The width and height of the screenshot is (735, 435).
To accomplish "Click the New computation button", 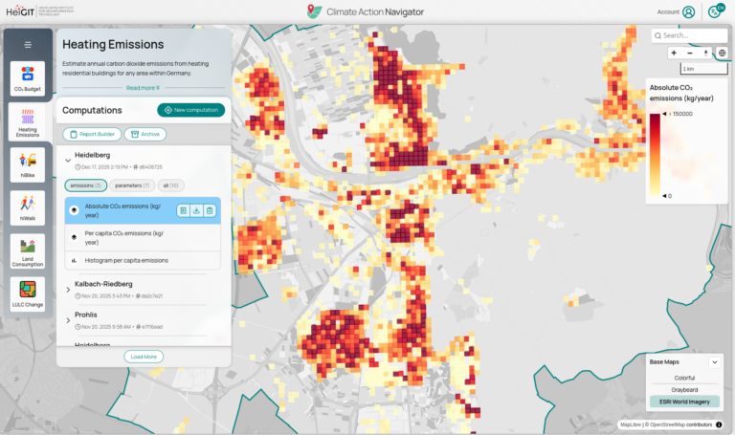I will [x=190, y=110].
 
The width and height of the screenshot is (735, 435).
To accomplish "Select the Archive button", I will [x=145, y=134].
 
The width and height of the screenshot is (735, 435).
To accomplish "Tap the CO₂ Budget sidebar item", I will [x=27, y=79].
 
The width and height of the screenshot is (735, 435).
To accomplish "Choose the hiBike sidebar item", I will [x=27, y=165].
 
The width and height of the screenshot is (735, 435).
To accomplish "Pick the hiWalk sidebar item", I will [x=27, y=208].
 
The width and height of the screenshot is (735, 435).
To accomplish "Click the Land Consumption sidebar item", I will [x=27, y=251].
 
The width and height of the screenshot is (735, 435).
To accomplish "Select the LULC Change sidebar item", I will [x=27, y=294].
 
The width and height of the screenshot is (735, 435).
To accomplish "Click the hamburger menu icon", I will [x=28, y=45].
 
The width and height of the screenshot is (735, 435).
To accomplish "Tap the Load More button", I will [x=144, y=357].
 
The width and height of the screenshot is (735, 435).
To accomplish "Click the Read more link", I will [x=144, y=87].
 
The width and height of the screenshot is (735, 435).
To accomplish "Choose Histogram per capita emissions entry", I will [x=125, y=260].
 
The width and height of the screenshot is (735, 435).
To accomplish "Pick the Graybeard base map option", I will [x=683, y=389].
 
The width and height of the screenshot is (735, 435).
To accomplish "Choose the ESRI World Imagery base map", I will [x=683, y=402].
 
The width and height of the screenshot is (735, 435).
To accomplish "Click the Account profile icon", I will [x=689, y=12].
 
